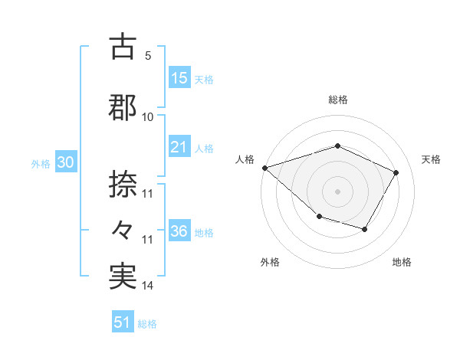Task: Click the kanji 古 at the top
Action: pyautogui.click(x=123, y=48)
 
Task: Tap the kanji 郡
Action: pyautogui.click(x=123, y=108)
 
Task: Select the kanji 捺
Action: pyautogui.click(x=123, y=185)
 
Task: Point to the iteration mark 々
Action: pyautogui.click(x=123, y=229)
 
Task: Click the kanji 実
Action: pyautogui.click(x=123, y=277)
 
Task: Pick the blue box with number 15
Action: pyautogui.click(x=179, y=78)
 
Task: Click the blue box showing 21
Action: pyautogui.click(x=179, y=147)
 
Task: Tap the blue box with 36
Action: pyautogui.click(x=179, y=231)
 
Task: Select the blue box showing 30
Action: pyautogui.click(x=66, y=163)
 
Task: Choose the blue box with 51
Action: pyautogui.click(x=123, y=322)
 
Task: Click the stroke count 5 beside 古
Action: pyautogui.click(x=148, y=56)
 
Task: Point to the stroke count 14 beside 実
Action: pyautogui.click(x=148, y=286)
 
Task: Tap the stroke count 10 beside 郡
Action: pyautogui.click(x=148, y=116)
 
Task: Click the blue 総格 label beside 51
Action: pyautogui.click(x=147, y=324)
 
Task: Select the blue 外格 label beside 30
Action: pyautogui.click(x=41, y=164)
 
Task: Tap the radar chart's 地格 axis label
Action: pyautogui.click(x=402, y=263)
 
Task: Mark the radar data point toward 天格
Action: pyautogui.click(x=396, y=172)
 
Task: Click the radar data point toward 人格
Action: pyautogui.click(x=264, y=168)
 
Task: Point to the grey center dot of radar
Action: pyautogui.click(x=337, y=191)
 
